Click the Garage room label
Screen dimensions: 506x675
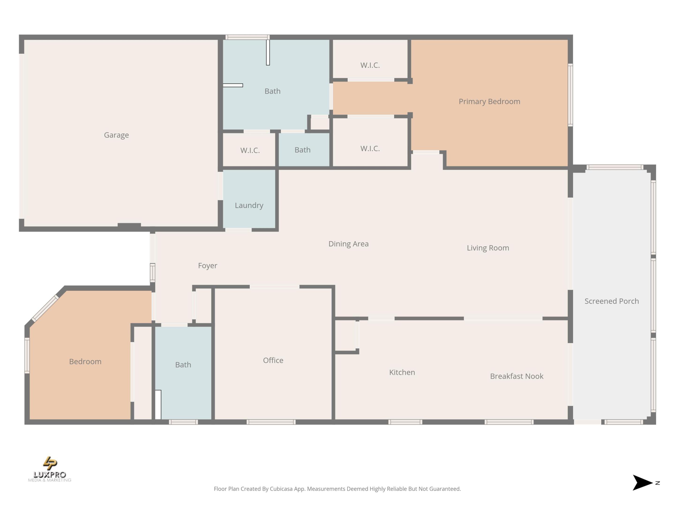pyautogui.click(x=116, y=135)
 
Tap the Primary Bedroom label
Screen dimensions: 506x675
pyautogui.click(x=489, y=102)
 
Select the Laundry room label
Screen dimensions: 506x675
pyautogui.click(x=249, y=205)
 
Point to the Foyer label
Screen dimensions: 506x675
pyautogui.click(x=207, y=265)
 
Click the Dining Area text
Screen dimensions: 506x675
pyautogui.click(x=348, y=244)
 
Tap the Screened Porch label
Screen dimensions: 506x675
pyautogui.click(x=611, y=301)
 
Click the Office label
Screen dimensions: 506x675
pyautogui.click(x=273, y=360)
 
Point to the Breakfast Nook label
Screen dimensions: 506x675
pyautogui.click(x=516, y=376)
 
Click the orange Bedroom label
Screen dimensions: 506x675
pyautogui.click(x=85, y=361)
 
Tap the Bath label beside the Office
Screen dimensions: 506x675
pyautogui.click(x=183, y=365)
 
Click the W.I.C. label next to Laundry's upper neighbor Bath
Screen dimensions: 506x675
pyautogui.click(x=250, y=150)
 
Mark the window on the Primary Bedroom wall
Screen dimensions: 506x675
pyautogui.click(x=570, y=95)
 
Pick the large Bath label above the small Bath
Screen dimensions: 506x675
pyautogui.click(x=272, y=91)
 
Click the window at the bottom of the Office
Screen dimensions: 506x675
pyautogui.click(x=271, y=422)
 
